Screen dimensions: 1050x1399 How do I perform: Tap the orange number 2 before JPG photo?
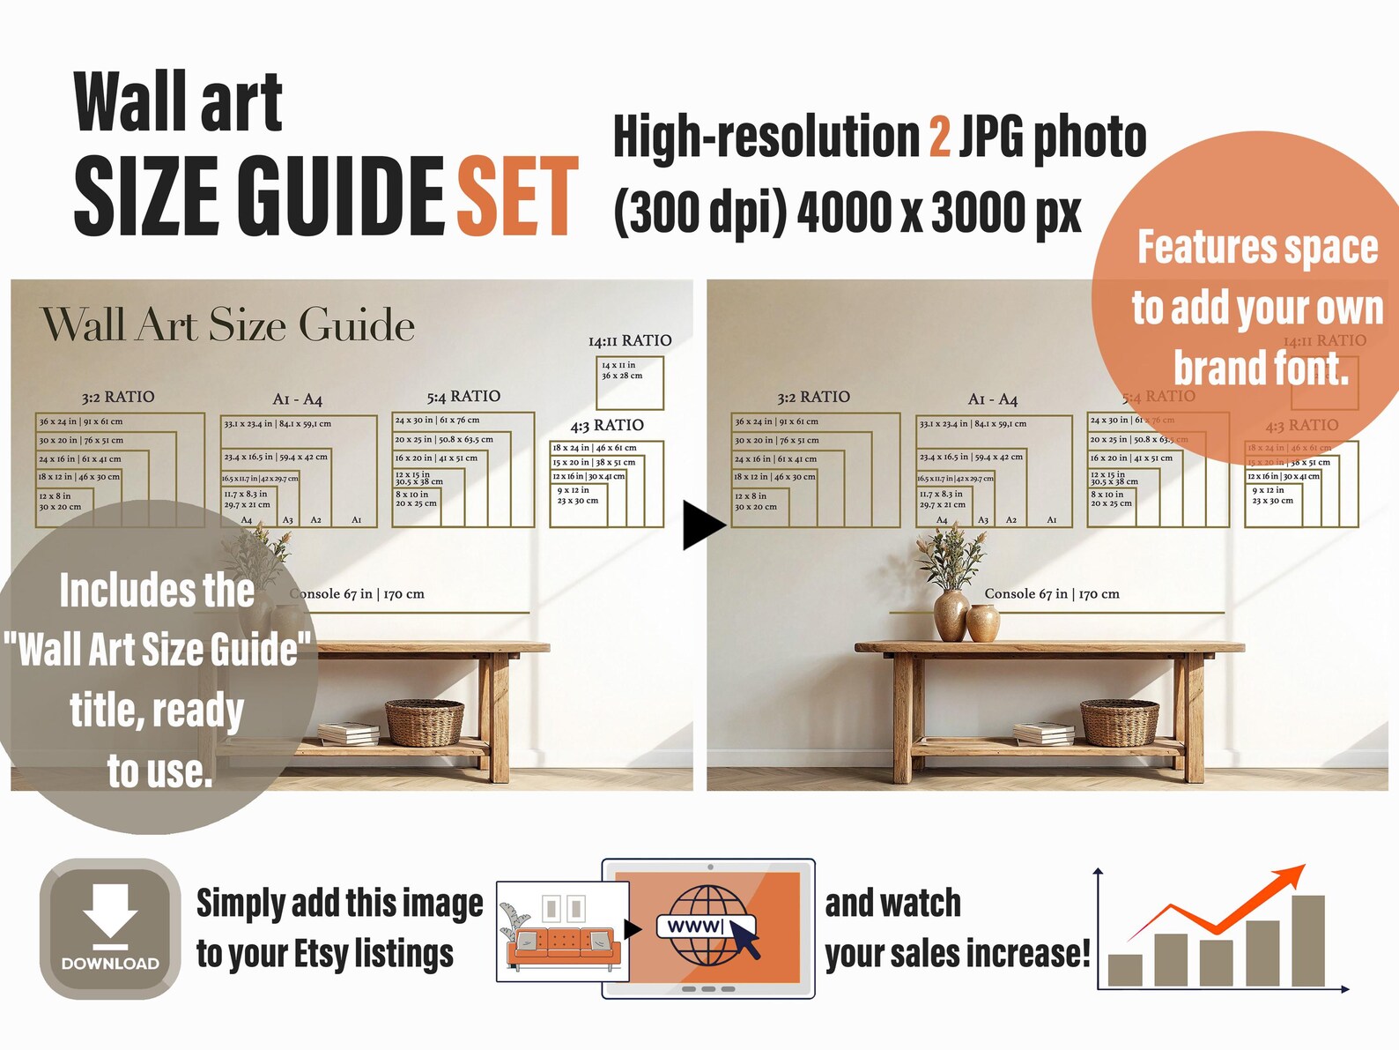(939, 138)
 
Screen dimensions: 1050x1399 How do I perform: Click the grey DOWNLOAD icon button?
(110, 928)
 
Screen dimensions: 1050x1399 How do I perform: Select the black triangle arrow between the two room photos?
(701, 525)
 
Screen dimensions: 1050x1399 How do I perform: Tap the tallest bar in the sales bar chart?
(1308, 941)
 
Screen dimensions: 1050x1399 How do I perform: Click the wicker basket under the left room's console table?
(425, 723)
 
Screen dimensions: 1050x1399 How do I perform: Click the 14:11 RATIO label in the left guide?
(629, 341)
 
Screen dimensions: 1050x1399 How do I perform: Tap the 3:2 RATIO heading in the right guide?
(813, 398)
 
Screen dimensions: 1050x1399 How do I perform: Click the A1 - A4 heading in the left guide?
(297, 399)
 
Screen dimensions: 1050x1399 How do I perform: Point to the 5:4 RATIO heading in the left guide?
(463, 397)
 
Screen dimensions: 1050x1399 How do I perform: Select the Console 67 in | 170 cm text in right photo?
(1051, 594)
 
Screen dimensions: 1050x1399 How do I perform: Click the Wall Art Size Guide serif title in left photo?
(227, 325)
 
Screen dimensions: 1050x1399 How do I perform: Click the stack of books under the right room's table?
(1043, 733)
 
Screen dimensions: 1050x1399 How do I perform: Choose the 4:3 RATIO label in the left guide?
(606, 426)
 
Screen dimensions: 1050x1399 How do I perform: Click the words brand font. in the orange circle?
(1261, 368)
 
